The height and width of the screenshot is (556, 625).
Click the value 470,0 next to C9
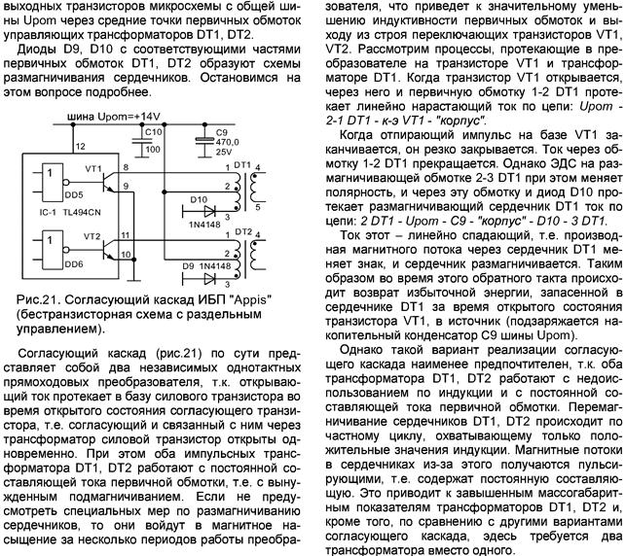[228, 141]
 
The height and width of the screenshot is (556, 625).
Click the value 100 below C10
[153, 150]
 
